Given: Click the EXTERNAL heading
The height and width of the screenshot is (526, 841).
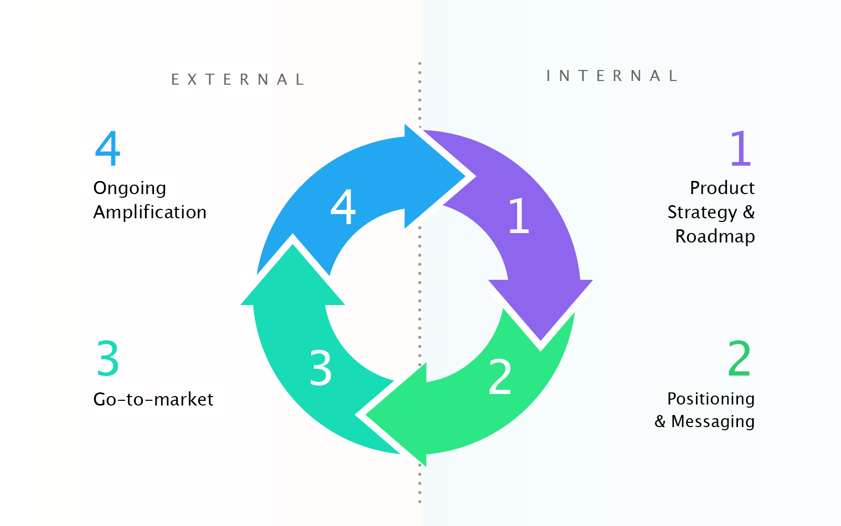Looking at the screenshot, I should (238, 79).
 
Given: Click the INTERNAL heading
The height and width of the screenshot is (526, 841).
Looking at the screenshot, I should (612, 76).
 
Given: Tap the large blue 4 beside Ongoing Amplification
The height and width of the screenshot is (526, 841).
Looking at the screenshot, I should (108, 148).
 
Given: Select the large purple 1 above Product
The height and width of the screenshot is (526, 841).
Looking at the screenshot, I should (741, 148).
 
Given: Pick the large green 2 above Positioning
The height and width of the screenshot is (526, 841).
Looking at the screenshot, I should (739, 359).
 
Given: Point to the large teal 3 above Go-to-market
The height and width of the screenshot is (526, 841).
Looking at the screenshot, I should (108, 359).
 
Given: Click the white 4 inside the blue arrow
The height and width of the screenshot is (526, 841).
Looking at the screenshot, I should (343, 207).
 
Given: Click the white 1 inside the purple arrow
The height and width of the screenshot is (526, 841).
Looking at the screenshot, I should (519, 215).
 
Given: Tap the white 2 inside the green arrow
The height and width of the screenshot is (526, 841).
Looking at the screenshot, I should (500, 377).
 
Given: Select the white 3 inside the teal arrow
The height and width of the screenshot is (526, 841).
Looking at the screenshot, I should (321, 368).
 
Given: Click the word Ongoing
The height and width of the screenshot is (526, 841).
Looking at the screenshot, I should (130, 188).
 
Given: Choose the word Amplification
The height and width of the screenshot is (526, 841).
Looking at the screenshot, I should (150, 212).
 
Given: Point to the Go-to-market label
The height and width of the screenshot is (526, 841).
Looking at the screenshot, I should (153, 399).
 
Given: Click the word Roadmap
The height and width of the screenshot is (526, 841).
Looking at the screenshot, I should (715, 236).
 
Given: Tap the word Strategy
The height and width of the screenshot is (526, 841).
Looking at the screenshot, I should (702, 213).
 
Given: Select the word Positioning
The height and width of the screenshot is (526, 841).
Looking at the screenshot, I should (711, 399).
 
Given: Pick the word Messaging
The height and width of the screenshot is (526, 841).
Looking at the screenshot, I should (713, 422).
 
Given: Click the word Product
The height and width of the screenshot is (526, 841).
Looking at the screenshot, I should (722, 188).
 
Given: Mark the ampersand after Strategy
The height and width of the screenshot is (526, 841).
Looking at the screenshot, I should (749, 212).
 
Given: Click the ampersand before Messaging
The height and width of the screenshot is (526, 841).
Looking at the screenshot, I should (660, 421).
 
